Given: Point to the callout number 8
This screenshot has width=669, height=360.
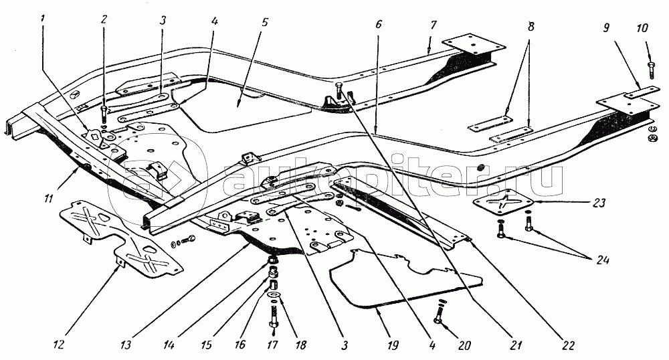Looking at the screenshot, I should (x=531, y=27).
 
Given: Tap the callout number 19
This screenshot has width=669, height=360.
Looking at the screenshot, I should (x=393, y=346).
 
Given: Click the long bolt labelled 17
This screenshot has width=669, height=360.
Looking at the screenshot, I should (x=274, y=314).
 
